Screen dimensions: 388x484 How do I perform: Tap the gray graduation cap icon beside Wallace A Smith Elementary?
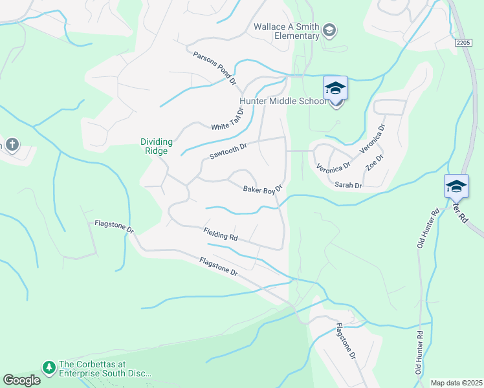(x=329, y=30)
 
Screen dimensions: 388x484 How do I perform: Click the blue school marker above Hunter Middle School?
(x=335, y=88)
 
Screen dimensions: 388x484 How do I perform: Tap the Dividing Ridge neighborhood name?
(x=155, y=146)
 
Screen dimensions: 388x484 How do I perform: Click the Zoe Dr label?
(x=375, y=162)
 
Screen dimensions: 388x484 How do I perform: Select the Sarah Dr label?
(x=348, y=185)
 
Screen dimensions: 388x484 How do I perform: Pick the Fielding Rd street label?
(x=220, y=235)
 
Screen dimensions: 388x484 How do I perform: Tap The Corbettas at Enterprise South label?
(x=105, y=369)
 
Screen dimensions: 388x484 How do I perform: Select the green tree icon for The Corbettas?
(x=49, y=367)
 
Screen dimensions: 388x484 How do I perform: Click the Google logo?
(x=21, y=380)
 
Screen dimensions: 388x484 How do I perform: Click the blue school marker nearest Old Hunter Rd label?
(x=456, y=186)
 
